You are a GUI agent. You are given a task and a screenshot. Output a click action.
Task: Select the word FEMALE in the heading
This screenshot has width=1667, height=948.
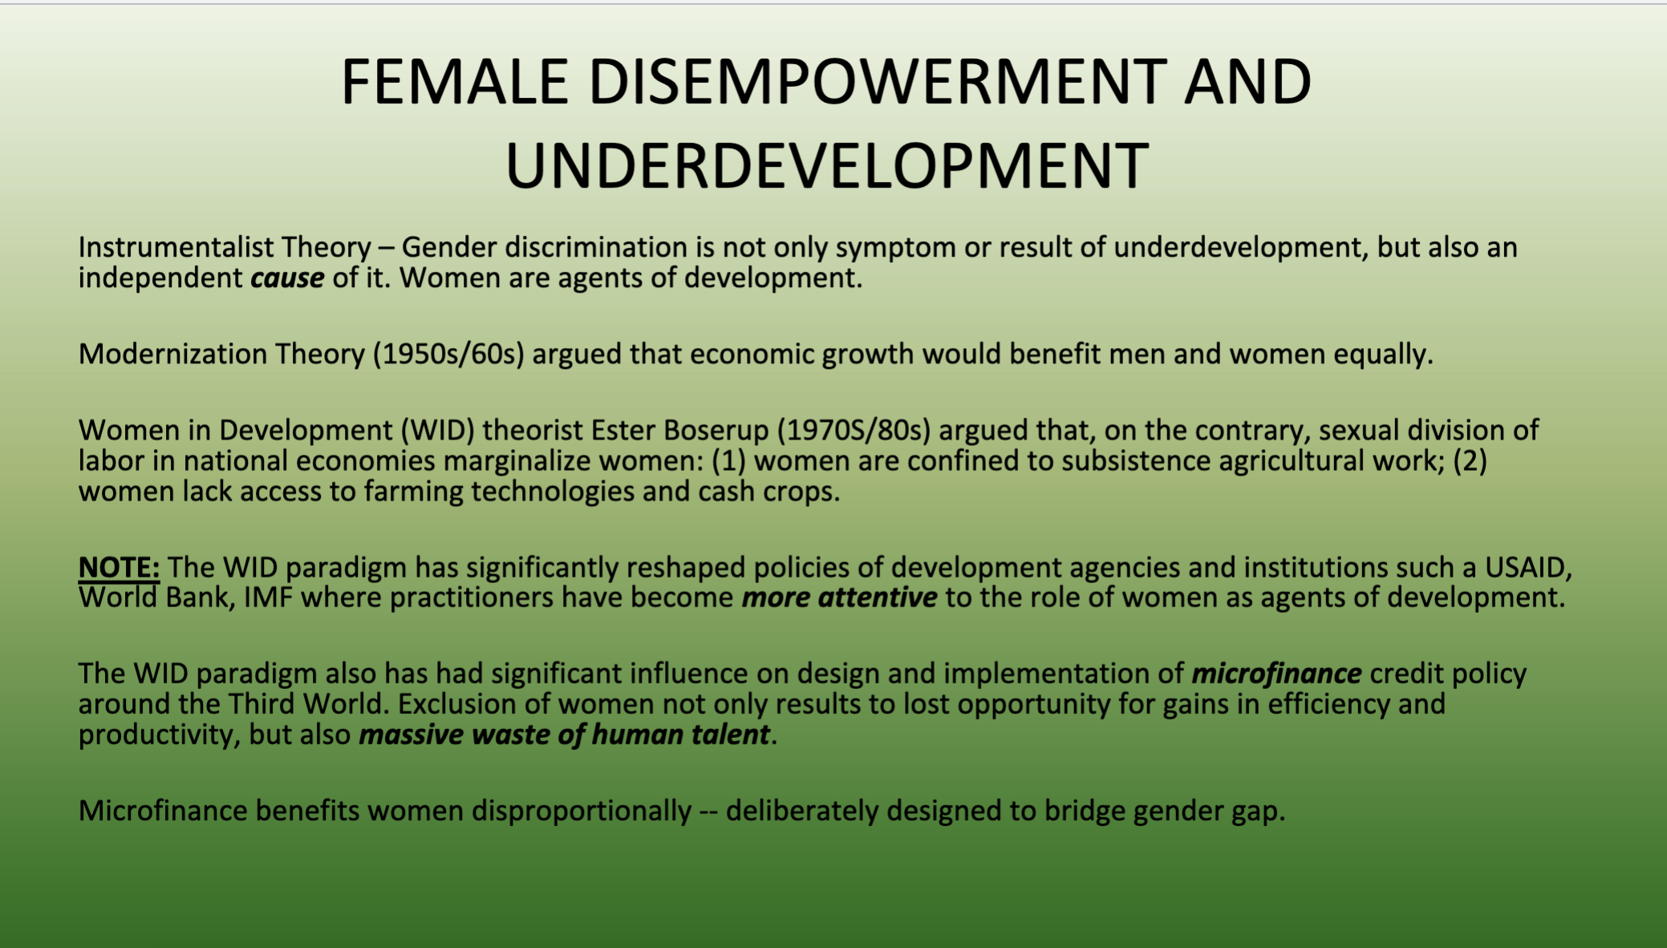tap(455, 82)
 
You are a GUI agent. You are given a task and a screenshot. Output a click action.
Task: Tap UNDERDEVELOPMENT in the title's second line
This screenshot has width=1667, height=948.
tap(827, 166)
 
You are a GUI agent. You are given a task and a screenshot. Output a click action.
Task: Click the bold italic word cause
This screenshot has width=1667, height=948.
tap(287, 278)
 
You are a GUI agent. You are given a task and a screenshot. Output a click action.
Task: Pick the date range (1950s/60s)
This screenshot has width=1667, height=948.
tap(448, 354)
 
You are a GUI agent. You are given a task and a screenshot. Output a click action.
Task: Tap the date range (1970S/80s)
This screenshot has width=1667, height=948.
tap(854, 431)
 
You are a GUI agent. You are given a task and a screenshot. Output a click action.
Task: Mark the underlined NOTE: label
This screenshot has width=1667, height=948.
tap(119, 567)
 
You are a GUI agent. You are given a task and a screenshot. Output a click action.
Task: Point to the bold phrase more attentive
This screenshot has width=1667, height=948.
tap(839, 598)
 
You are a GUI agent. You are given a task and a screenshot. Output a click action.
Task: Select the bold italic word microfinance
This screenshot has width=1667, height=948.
tap(1276, 674)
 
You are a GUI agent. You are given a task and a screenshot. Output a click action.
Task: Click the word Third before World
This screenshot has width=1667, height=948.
tap(261, 704)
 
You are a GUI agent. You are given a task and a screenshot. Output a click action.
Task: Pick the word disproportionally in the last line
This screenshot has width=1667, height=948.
tap(582, 811)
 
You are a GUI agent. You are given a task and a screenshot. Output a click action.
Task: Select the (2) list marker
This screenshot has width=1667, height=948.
tap(1470, 461)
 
